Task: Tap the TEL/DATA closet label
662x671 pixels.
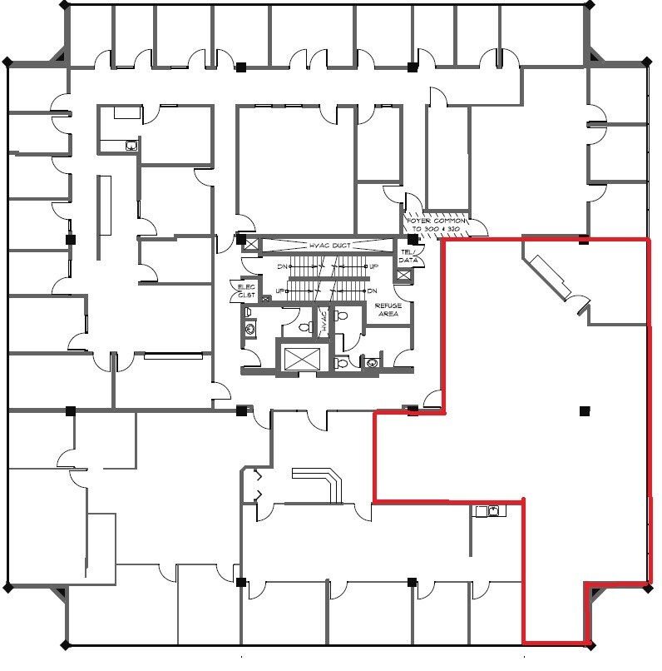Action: click(x=408, y=256)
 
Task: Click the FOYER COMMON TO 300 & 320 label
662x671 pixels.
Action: click(x=438, y=224)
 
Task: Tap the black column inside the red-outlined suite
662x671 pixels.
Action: click(x=585, y=410)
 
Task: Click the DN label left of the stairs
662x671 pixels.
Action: click(x=281, y=267)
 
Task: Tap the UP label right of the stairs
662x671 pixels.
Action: click(x=374, y=267)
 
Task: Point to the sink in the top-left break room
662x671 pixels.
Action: click(x=131, y=146)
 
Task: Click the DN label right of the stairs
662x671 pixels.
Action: click(x=373, y=291)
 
